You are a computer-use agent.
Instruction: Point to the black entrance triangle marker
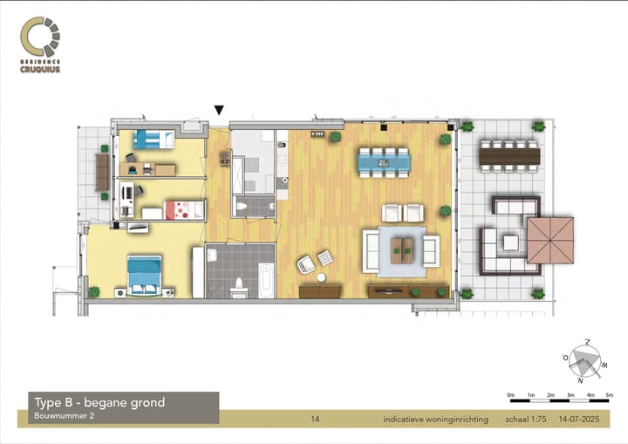point(219,110)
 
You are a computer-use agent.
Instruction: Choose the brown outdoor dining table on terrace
point(510,155)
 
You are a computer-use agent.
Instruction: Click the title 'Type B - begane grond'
point(99,402)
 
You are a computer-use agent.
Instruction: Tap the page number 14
point(316,420)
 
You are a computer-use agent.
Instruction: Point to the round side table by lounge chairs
point(321,277)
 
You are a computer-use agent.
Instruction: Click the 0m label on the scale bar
point(510,395)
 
